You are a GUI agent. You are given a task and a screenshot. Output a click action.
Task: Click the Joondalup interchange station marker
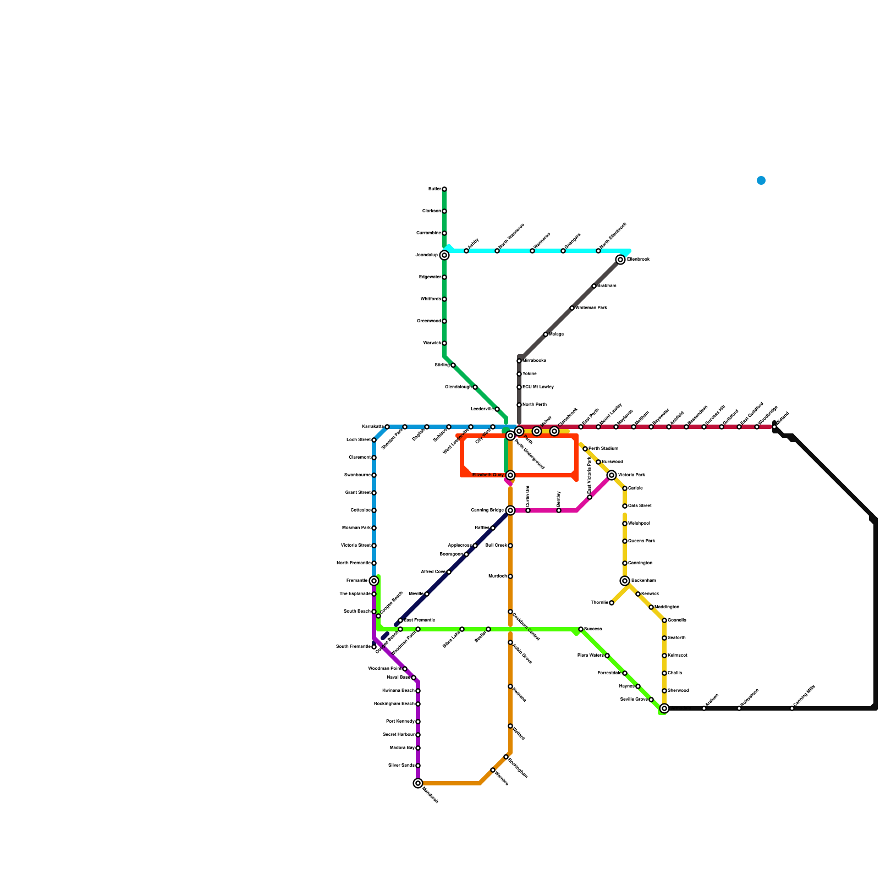point(444,255)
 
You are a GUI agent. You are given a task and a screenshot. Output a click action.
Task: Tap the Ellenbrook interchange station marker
point(620,260)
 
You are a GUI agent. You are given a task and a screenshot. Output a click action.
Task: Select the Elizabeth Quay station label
point(488,475)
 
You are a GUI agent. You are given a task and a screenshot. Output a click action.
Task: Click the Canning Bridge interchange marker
point(510,510)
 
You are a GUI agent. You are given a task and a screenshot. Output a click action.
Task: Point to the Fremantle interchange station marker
point(374,581)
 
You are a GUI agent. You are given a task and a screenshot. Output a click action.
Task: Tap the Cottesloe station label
point(360,510)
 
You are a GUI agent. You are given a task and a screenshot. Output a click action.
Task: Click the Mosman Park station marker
point(374,528)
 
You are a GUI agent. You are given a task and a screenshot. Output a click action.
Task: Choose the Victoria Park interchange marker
point(612,475)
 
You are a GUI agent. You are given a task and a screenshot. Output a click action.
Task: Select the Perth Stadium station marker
point(585,449)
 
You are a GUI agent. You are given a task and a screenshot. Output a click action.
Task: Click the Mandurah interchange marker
point(418,783)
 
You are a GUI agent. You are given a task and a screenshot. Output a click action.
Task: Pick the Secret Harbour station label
point(399,735)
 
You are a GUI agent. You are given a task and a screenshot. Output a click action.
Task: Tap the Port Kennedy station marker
point(418,722)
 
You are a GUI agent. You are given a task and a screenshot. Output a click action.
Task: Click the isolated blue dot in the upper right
point(761,180)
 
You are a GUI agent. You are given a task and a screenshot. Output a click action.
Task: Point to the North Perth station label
point(534,405)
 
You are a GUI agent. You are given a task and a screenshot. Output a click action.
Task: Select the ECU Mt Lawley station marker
point(519,387)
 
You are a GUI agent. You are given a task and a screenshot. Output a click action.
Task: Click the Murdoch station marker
point(510,576)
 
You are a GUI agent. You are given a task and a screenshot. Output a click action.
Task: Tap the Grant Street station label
point(358,493)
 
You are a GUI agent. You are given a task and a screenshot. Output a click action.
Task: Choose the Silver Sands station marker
point(418,766)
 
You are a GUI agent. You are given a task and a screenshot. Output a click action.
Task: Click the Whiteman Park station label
point(591,308)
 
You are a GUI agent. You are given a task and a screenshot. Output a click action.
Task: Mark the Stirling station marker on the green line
point(453,365)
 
